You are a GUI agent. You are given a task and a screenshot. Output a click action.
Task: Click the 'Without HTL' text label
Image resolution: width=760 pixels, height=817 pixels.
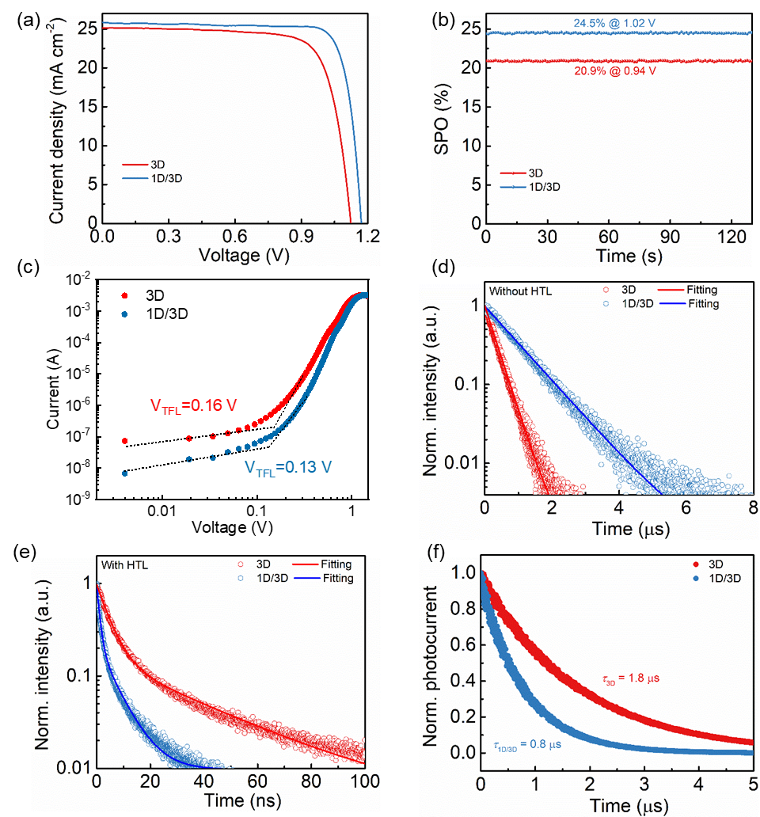click(x=519, y=291)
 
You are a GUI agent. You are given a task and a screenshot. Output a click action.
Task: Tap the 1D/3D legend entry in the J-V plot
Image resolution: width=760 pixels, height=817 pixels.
click(x=163, y=178)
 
